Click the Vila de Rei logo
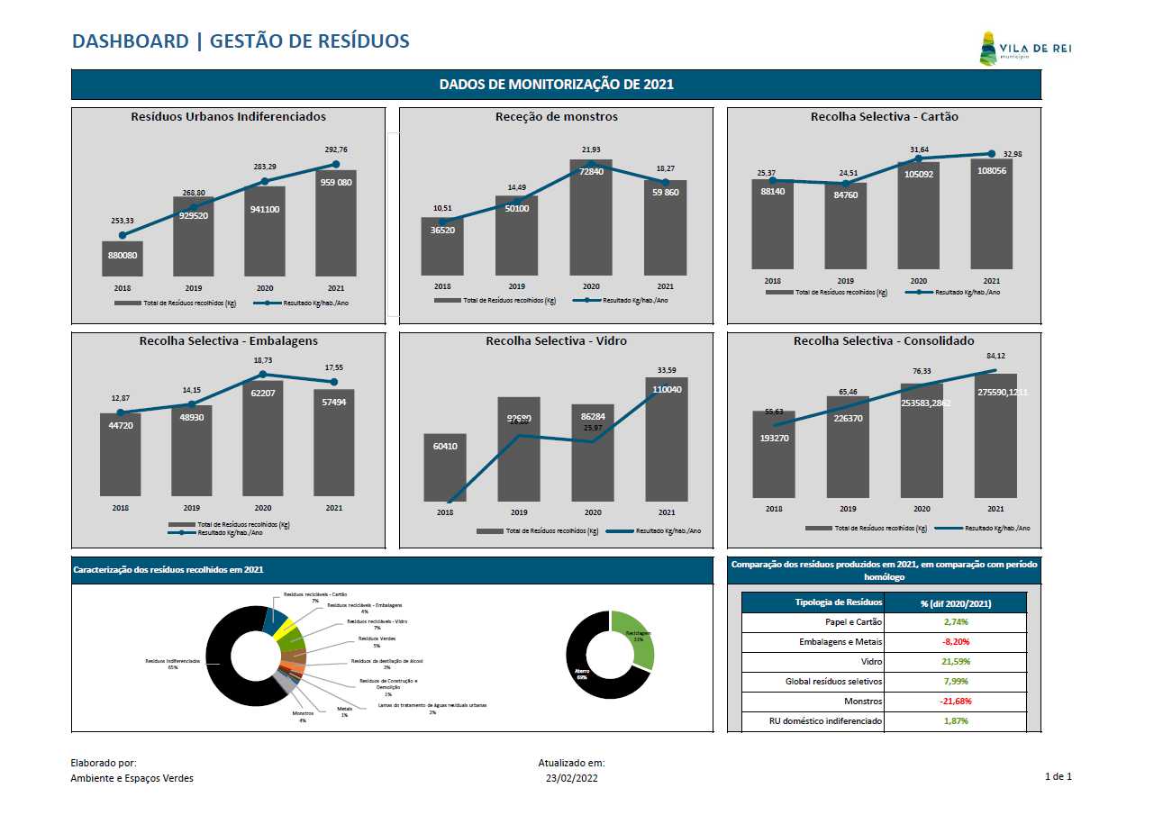(1023, 49)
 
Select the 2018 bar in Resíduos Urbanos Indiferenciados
(123, 258)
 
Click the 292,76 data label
(335, 149)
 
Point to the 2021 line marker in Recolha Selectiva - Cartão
(992, 154)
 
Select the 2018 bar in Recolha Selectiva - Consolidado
(774, 456)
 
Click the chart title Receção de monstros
(556, 117)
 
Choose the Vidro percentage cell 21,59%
(956, 662)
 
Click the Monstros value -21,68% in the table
(956, 702)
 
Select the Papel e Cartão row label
(853, 622)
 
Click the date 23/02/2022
(571, 778)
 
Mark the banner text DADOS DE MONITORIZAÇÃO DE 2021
(556, 85)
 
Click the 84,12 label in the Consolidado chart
(995, 356)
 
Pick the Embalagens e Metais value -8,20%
(956, 642)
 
